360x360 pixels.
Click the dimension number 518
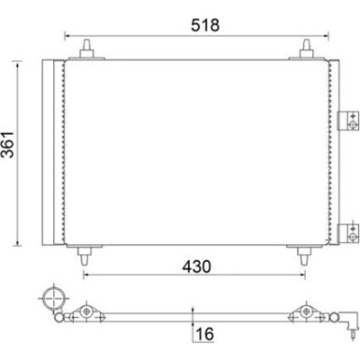[x=205, y=25]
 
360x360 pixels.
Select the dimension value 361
[x=7, y=144]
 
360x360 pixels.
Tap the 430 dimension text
[x=196, y=266]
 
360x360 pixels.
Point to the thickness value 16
[x=205, y=334]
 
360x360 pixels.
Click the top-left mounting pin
[x=87, y=49]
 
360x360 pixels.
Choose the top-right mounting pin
[x=307, y=49]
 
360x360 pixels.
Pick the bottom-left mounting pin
[x=84, y=256]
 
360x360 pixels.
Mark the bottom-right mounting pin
[x=304, y=256]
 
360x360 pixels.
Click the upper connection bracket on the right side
[x=349, y=121]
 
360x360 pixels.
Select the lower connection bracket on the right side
[x=349, y=233]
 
